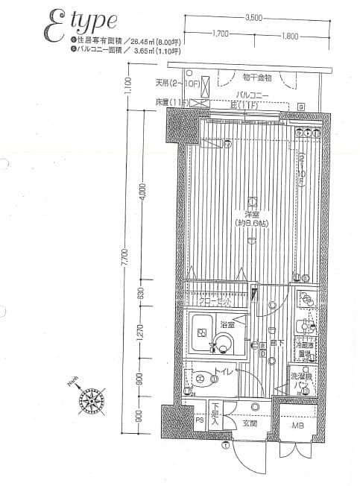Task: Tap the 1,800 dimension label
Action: click(290, 34)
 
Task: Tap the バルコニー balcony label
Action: click(250, 95)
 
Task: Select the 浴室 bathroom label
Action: click(227, 325)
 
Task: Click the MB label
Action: click(297, 426)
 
